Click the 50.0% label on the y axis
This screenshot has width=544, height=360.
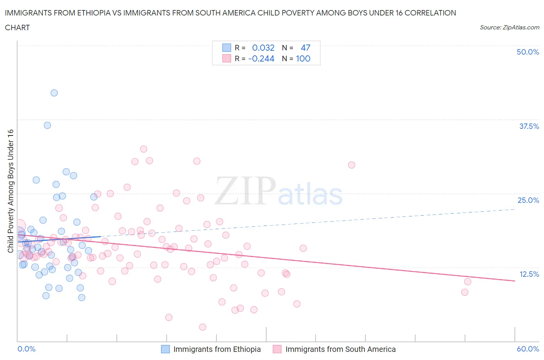(x=528, y=52)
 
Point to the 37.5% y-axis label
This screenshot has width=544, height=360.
(x=529, y=126)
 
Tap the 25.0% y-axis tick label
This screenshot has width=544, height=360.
(x=528, y=200)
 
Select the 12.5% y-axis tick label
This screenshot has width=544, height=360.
(x=529, y=274)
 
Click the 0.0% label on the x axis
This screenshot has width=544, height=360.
(x=26, y=349)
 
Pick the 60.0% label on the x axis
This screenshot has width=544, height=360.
(x=528, y=349)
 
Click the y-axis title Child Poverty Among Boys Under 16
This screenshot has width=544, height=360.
(x=10, y=191)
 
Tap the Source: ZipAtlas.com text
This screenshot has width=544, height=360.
(x=509, y=27)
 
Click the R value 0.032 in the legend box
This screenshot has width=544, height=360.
(x=263, y=48)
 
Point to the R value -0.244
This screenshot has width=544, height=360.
(x=261, y=58)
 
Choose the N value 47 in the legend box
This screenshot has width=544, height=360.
(x=305, y=48)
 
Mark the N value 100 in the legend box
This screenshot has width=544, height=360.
(x=303, y=58)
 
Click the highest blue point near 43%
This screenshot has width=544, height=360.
(x=54, y=93)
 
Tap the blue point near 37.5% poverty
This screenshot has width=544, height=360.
(x=47, y=125)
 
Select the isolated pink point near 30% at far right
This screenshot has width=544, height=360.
(x=351, y=165)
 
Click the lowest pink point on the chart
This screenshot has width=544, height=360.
(x=202, y=327)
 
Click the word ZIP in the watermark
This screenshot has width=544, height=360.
(x=245, y=191)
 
